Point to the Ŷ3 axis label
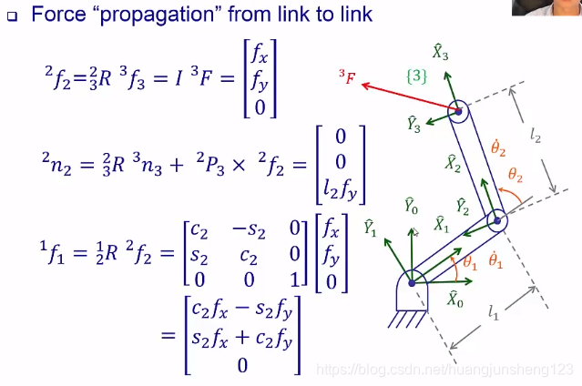pos(414,125)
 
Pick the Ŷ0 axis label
pos(411,207)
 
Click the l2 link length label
pos(536,137)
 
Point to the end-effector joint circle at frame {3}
pos(457,112)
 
